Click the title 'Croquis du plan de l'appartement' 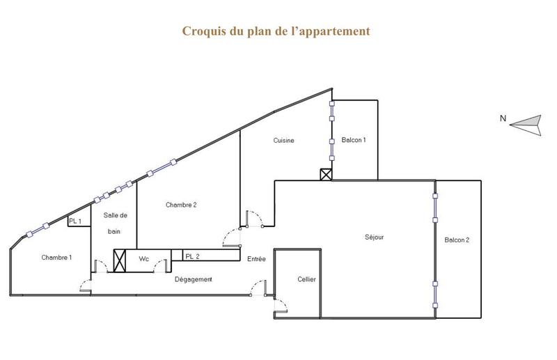(276, 31)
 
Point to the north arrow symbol (526, 124)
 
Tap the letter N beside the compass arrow (503, 118)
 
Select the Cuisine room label (283, 140)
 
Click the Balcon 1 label (354, 140)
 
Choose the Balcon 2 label (457, 240)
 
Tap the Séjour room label (374, 237)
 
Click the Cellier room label (306, 279)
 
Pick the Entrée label (256, 259)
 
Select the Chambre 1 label (56, 258)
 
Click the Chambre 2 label (181, 205)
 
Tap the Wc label (143, 259)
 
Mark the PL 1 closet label (75, 221)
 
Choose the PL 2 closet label (192, 256)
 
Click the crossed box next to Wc (120, 260)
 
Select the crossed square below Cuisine (326, 175)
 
